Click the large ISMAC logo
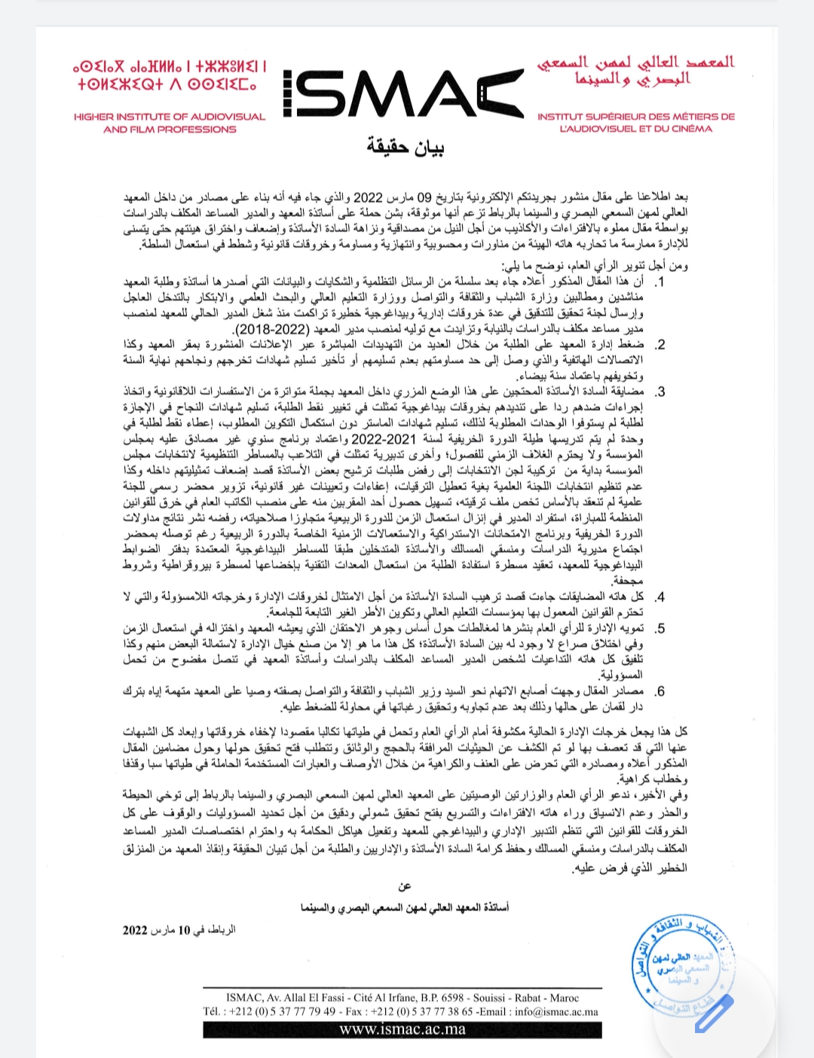tap(403, 93)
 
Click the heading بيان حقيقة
tap(405, 147)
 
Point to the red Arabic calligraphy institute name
tap(635, 70)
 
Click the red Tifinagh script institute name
tap(170, 76)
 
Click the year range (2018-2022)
tap(273, 329)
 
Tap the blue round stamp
tap(682, 965)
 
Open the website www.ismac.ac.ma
tap(402, 1029)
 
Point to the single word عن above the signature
tap(405, 886)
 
